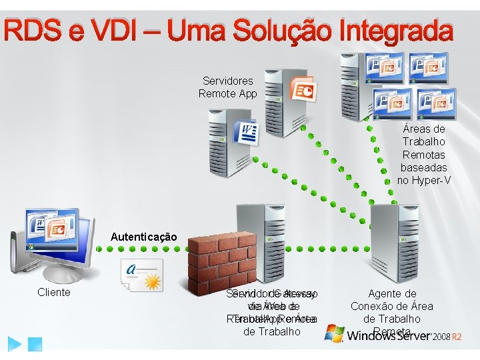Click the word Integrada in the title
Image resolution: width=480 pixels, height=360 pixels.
point(396,31)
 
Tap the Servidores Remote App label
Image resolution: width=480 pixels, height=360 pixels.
point(227,87)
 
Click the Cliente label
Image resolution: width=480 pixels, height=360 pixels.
point(54,292)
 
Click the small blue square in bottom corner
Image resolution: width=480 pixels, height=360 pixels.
point(36,344)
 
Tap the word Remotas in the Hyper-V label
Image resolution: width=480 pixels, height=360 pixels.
point(424,155)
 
